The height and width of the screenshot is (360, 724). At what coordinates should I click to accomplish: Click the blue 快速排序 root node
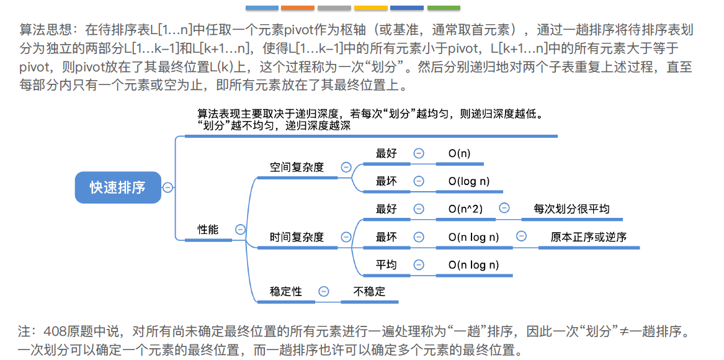pos(117,187)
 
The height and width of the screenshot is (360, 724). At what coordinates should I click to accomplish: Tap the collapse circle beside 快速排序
pos(168,187)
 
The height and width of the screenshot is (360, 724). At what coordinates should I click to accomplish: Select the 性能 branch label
pos(208,229)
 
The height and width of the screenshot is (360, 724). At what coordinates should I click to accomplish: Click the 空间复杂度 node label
pos(297,167)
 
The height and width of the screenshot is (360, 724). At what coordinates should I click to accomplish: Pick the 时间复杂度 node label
pos(297,237)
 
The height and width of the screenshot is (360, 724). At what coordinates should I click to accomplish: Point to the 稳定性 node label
pos(286,291)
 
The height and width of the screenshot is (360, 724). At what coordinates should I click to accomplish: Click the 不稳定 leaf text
pos(369,291)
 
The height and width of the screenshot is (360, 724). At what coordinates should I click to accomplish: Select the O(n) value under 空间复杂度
pos(459,153)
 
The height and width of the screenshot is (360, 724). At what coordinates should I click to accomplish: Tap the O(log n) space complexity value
pos(469,181)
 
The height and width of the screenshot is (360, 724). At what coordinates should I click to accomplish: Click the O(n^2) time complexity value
pos(465,209)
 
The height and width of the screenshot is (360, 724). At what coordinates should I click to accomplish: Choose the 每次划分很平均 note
pos(571,209)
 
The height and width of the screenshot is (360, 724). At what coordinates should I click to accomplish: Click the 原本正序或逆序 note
pos(589,237)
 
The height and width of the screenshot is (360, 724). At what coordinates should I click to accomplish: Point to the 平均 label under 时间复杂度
pos(386,265)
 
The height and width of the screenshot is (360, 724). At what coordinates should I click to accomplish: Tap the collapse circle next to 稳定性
pos(323,291)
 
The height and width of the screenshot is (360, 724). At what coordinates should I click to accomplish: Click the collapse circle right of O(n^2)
pos(504,209)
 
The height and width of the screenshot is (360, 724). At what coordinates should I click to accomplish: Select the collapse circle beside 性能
pos(241,229)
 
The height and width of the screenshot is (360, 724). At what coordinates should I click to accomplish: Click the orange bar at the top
pos(298,8)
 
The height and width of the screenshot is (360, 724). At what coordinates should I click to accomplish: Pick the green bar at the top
pos(444,8)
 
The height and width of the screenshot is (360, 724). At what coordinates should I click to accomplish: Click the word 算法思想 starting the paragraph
pos(40,29)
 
